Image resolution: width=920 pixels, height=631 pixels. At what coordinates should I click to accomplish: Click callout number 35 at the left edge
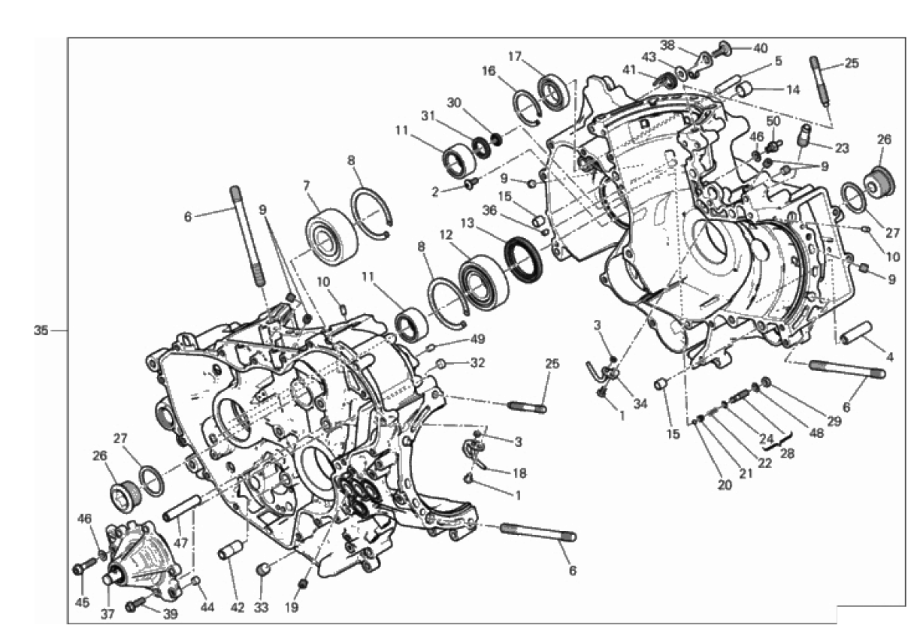[x=41, y=330]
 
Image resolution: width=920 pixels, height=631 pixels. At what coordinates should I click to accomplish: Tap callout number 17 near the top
[x=514, y=56]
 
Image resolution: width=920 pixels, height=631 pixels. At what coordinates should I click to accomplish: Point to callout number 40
[x=761, y=48]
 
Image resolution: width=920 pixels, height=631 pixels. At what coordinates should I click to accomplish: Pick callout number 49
[x=477, y=339]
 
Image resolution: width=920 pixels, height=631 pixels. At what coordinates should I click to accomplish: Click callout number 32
[x=477, y=363]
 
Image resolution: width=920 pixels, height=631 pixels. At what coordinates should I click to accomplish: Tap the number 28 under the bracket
[x=787, y=453]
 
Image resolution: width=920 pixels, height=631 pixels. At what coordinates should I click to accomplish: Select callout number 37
[x=108, y=614]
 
